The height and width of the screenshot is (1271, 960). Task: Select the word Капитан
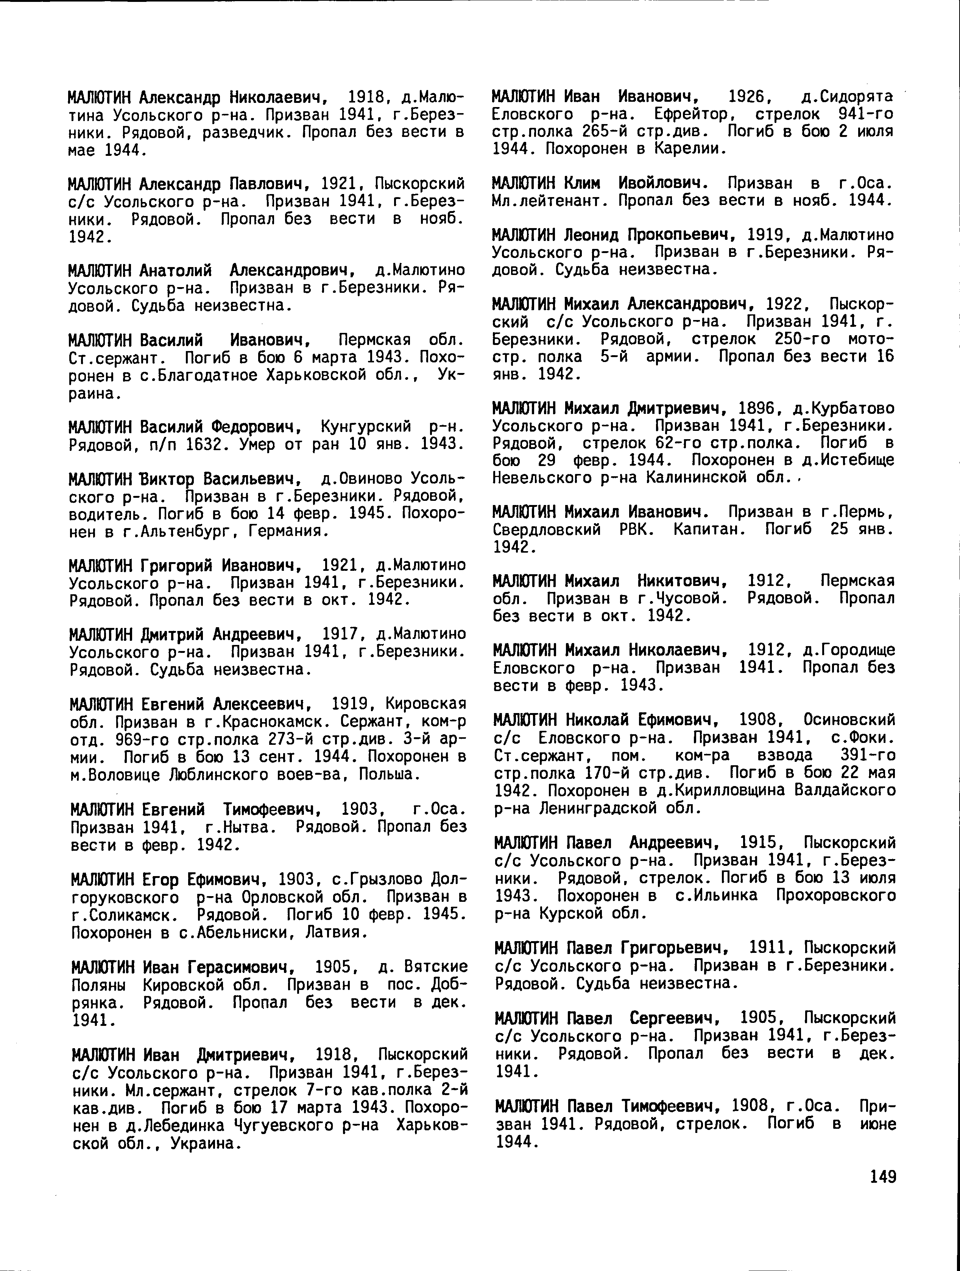tap(708, 529)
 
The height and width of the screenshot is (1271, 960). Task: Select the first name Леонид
tap(592, 235)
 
